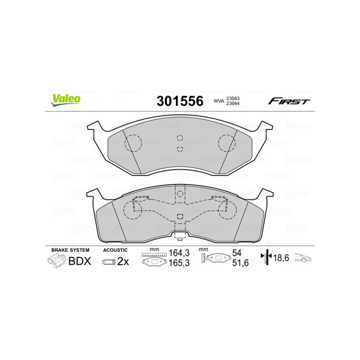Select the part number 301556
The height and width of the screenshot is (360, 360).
(x=180, y=101)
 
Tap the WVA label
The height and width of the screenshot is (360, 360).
(x=219, y=102)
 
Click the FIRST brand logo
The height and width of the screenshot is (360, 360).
(x=289, y=101)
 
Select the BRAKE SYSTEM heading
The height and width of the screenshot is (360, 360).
(x=70, y=250)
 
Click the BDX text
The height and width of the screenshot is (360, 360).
(x=80, y=261)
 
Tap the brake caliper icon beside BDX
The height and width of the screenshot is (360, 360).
(x=57, y=261)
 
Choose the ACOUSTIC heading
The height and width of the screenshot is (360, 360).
(x=116, y=250)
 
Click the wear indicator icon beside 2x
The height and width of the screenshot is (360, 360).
(x=108, y=262)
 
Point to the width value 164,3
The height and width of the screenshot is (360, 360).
(x=177, y=253)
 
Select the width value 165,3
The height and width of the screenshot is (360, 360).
(x=177, y=264)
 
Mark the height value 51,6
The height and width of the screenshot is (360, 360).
(x=239, y=264)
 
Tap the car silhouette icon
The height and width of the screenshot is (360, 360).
(x=303, y=259)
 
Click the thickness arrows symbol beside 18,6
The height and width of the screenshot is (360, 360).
(x=267, y=258)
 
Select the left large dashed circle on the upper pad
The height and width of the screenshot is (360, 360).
(x=133, y=143)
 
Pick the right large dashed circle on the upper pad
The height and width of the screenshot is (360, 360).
(x=227, y=143)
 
